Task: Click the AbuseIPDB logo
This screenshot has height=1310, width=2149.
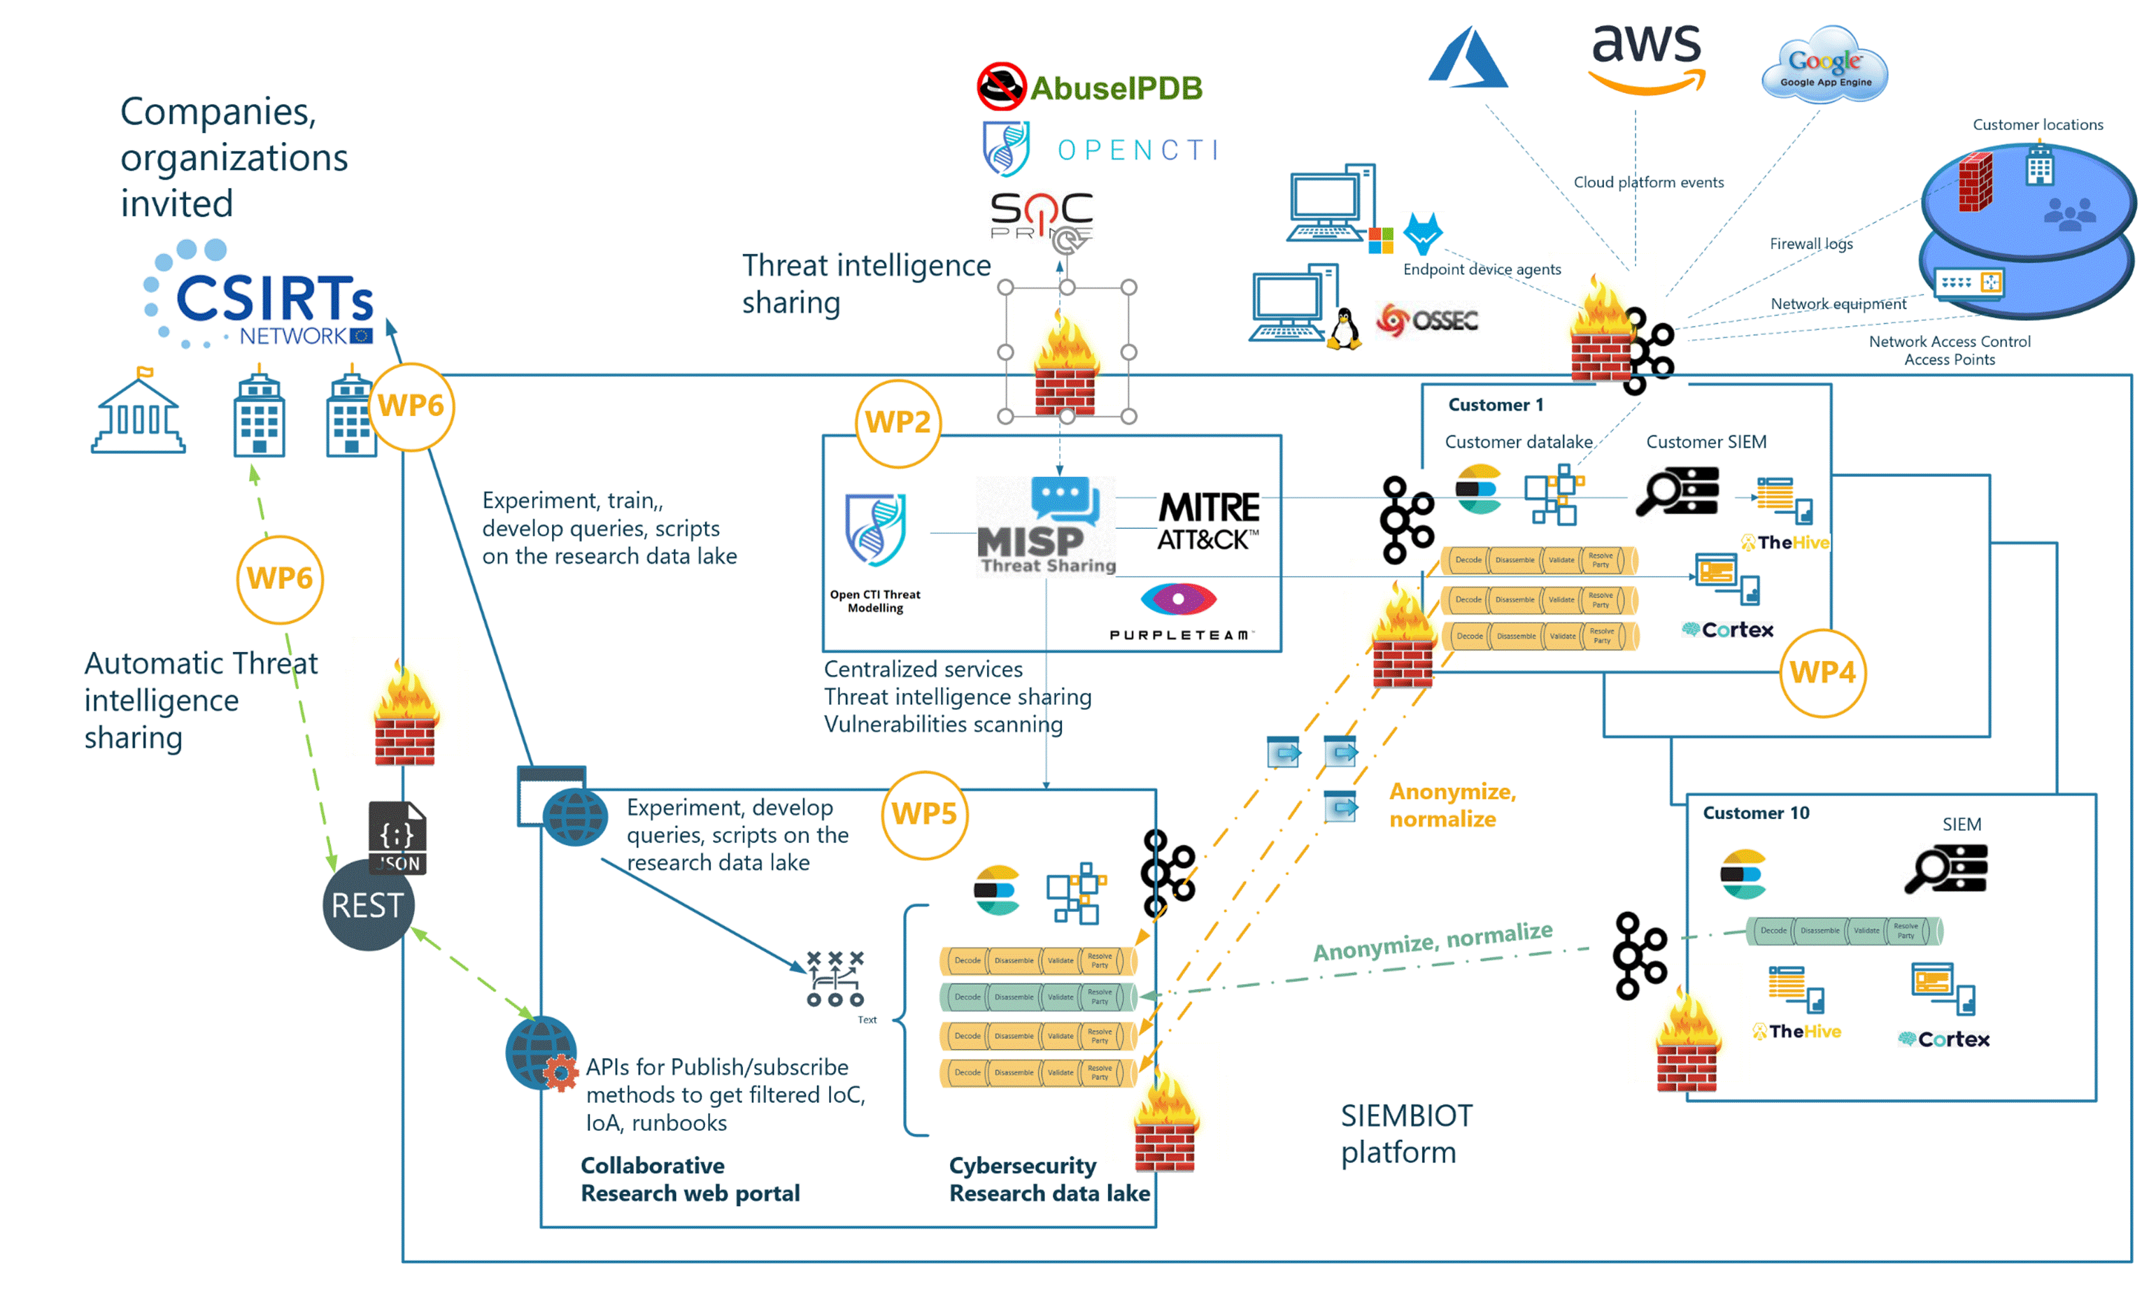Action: tap(1089, 87)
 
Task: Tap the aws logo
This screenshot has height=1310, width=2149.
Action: tap(1647, 57)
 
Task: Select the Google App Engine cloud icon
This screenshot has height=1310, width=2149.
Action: tap(1824, 66)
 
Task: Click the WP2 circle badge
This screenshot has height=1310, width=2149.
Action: tap(898, 423)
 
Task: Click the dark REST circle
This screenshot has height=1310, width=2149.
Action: tap(368, 905)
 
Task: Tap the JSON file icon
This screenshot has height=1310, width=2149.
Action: tap(398, 837)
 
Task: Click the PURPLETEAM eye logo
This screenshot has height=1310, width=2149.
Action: tap(1178, 599)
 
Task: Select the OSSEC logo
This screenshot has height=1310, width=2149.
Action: tap(1427, 320)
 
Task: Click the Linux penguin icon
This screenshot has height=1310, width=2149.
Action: tap(1344, 329)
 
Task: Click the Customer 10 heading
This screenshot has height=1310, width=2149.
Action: tap(1756, 813)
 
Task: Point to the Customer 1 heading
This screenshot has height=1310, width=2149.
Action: tap(1496, 405)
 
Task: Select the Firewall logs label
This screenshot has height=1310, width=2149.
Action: tap(1810, 244)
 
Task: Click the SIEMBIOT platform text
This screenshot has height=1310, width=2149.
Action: tap(1406, 1134)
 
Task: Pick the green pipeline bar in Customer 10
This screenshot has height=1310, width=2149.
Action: tap(1844, 931)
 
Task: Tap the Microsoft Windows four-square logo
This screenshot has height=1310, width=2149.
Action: tap(1381, 241)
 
